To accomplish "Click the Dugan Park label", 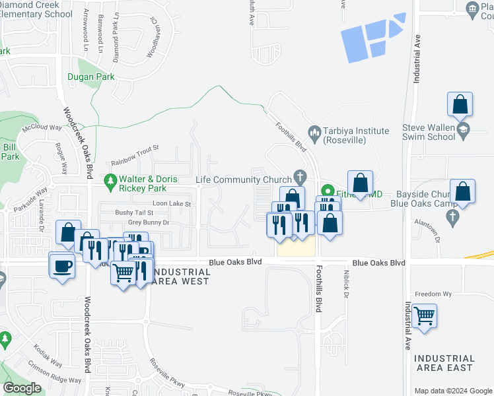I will (x=90, y=77).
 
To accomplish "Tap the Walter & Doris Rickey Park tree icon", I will (x=110, y=180).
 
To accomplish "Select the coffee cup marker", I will (x=63, y=266).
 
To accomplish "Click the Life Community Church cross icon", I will (x=300, y=177).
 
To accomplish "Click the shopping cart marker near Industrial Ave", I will (x=424, y=316).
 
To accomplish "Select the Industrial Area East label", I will (x=444, y=363).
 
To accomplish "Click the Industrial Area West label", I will (x=180, y=277).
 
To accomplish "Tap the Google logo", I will (x=23, y=388).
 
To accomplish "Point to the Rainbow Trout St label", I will (x=135, y=156).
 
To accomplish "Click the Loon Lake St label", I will (x=172, y=204).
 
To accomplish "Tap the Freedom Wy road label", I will (x=433, y=294).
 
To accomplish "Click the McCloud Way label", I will (x=41, y=127).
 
